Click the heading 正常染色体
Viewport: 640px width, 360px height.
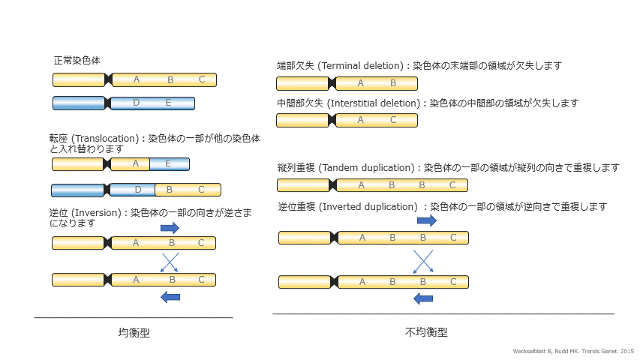(x=77, y=60)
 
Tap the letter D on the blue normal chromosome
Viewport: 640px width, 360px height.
(x=136, y=103)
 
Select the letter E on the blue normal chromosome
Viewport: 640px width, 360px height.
(x=169, y=103)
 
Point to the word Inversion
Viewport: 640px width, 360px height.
(x=98, y=212)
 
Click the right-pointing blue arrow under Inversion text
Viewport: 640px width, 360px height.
(x=170, y=227)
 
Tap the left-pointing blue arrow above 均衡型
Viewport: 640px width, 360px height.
(x=171, y=297)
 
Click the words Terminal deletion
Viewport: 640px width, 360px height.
(x=362, y=66)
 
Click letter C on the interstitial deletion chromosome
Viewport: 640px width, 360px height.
(x=393, y=120)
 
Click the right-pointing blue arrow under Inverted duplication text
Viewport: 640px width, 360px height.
(x=426, y=220)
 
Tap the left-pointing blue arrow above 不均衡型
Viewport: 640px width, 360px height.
(x=424, y=298)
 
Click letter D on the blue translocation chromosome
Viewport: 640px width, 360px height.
(x=138, y=190)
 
